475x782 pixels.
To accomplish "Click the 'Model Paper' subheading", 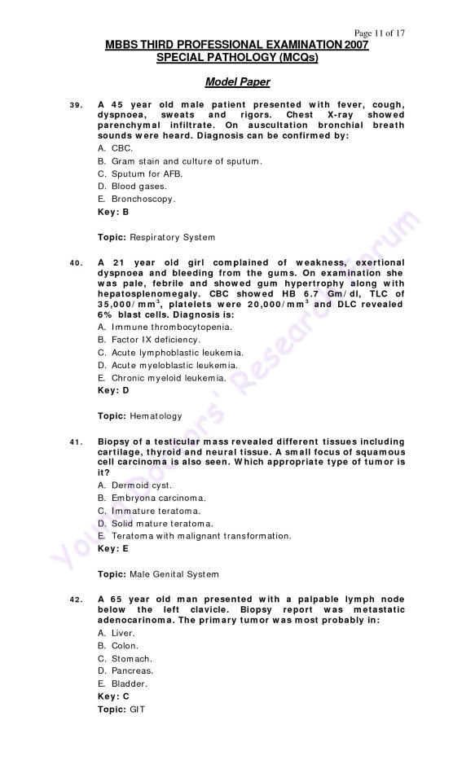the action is (237, 82).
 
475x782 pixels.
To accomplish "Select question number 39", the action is (75, 105).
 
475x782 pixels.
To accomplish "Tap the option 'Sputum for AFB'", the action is (139, 174).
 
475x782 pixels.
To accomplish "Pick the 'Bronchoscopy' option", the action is (136, 199).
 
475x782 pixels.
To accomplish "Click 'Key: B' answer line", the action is (113, 212).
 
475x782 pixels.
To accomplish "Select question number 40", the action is (75, 262).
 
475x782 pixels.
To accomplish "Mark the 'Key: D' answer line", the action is (113, 390).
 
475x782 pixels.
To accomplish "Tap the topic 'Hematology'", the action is (139, 416).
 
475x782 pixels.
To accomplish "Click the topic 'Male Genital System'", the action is (158, 574).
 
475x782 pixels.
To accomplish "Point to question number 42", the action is (75, 600).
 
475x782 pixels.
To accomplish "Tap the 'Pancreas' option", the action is (125, 671).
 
